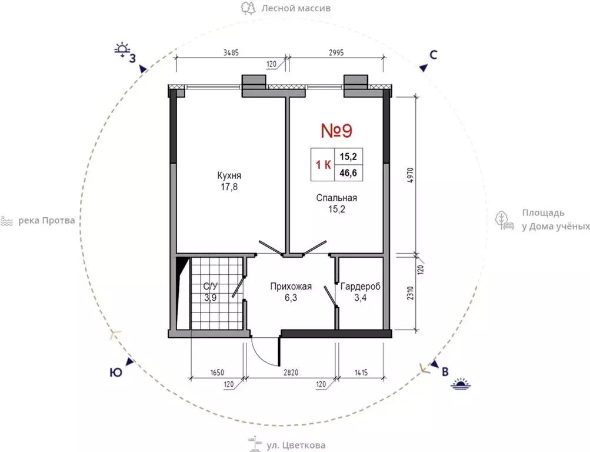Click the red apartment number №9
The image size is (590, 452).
336,131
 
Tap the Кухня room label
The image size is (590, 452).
229,175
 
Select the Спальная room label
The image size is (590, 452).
336,198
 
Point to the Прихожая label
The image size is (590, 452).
291,287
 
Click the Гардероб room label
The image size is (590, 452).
361,287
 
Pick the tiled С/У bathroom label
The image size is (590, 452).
211,287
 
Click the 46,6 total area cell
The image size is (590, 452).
348,174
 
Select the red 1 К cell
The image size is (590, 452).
323,165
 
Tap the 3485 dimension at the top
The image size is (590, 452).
231,53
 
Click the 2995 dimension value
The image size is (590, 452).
336,53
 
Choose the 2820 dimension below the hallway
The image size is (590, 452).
291,373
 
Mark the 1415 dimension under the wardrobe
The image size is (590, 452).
361,373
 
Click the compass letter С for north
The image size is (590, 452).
434,55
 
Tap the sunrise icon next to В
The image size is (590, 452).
461,384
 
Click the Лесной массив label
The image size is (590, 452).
296,8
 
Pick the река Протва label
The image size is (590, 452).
46,221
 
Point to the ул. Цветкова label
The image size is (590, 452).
296,446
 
